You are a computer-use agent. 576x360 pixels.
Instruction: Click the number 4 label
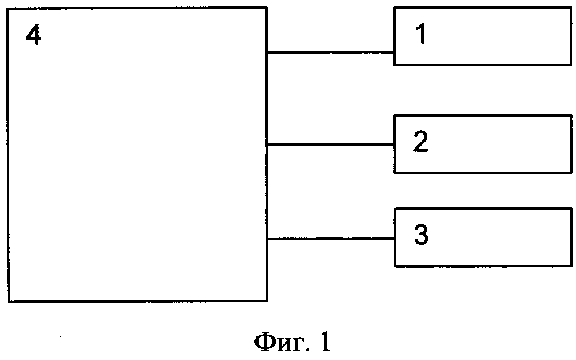point(34,37)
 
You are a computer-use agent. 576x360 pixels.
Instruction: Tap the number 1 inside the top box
point(421,36)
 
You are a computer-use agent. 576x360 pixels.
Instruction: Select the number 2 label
point(420,143)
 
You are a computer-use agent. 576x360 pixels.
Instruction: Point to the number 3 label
point(421,236)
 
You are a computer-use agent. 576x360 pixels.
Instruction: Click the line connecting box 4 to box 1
point(331,53)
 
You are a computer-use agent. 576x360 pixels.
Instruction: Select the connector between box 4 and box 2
point(331,144)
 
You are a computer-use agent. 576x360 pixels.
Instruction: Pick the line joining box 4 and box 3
point(331,238)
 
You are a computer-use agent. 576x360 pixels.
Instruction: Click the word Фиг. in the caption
point(279,344)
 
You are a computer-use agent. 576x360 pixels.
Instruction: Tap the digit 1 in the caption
point(324,343)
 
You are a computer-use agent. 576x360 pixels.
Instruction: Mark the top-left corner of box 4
point(9,8)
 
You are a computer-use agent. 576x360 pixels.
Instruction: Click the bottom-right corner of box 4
point(267,301)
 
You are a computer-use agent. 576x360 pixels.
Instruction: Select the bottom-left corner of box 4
point(9,301)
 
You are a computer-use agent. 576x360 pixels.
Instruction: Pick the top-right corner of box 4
point(267,8)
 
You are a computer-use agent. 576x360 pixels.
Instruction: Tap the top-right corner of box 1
point(570,8)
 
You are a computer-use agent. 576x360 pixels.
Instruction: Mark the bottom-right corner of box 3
point(570,266)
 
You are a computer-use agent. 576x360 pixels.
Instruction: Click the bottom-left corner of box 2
point(394,172)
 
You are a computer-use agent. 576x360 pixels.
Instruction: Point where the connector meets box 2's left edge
point(394,144)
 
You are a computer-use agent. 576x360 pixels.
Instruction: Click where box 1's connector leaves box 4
point(267,53)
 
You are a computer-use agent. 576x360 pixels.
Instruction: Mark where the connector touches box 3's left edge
point(394,238)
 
